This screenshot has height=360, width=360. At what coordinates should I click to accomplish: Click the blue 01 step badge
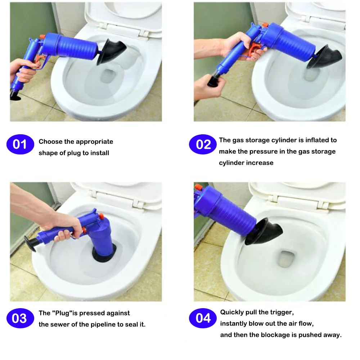pos(20,144)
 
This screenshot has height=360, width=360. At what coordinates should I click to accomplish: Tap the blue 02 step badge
pos(203,144)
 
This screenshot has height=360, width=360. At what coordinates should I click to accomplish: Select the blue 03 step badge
pos(20,318)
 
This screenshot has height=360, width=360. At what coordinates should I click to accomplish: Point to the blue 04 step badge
pos(203,318)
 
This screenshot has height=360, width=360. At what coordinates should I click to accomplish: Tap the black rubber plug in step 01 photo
pos(111,51)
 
